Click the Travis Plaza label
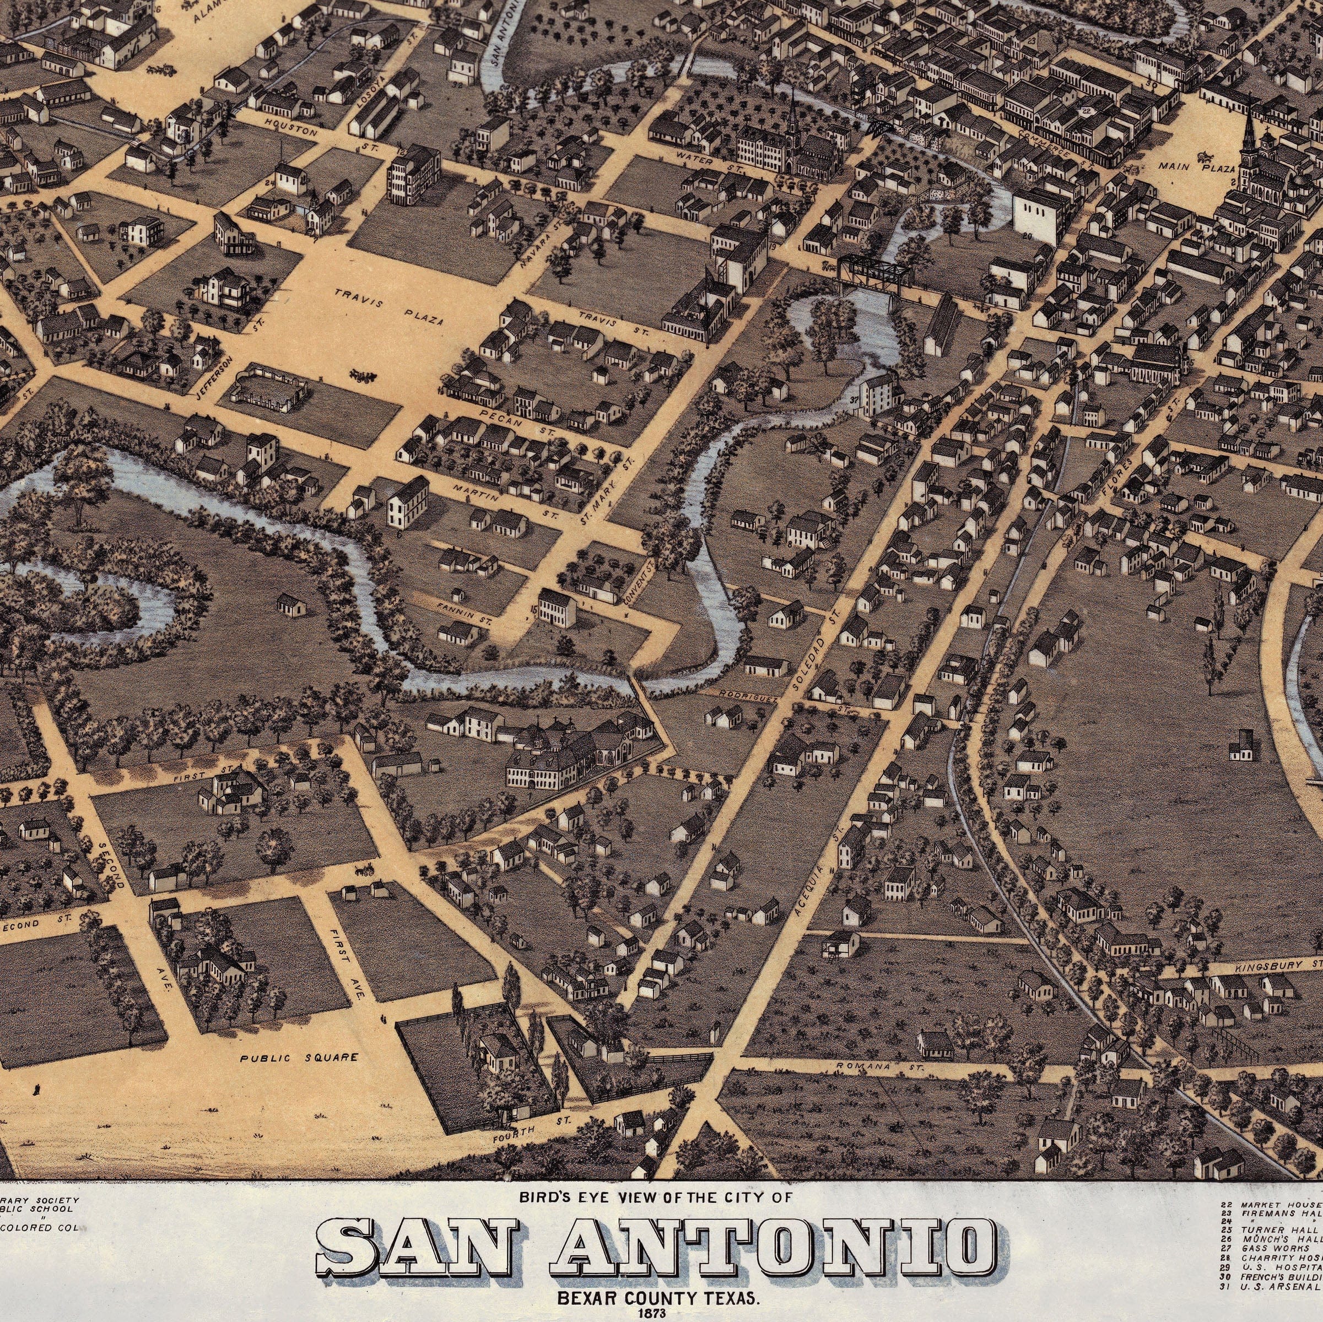(x=388, y=307)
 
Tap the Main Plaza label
(x=1196, y=167)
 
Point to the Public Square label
(x=299, y=1058)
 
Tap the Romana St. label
(x=880, y=1066)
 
